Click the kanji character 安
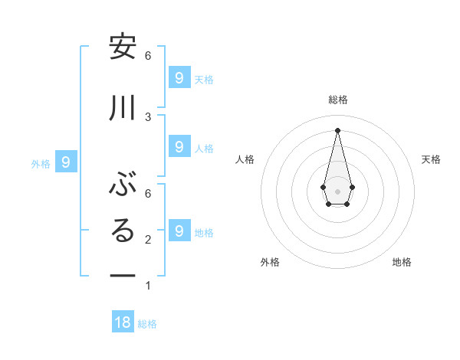[x=123, y=47]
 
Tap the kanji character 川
[x=123, y=109]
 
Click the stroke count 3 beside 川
[x=148, y=116]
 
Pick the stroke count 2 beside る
[x=148, y=240]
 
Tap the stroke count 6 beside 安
[x=148, y=55]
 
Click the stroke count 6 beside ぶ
[x=148, y=192]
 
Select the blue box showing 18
[x=123, y=322]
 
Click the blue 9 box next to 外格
[x=66, y=162]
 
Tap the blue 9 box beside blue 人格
[x=179, y=147]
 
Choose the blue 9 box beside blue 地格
[x=179, y=231]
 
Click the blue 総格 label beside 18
[x=147, y=324]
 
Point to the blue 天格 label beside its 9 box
[x=204, y=79]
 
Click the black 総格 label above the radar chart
[x=337, y=100]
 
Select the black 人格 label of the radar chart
[x=245, y=159]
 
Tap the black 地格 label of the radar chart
[x=402, y=262]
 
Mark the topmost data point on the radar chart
[x=337, y=129]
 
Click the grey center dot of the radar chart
[x=337, y=191]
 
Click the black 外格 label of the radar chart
[x=270, y=262]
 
